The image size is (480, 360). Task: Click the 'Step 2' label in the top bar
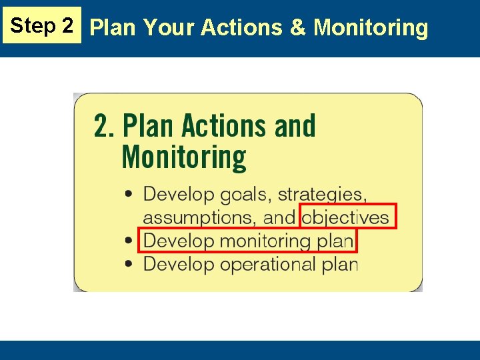[x=42, y=26]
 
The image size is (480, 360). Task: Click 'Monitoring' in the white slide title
[x=371, y=27]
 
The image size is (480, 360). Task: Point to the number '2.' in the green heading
[x=105, y=126]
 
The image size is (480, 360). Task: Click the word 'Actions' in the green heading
[x=219, y=126]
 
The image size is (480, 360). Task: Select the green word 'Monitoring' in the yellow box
[x=184, y=157]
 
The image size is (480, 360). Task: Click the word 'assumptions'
[x=199, y=217]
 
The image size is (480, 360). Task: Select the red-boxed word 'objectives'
[x=345, y=217]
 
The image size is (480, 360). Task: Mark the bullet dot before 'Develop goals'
[x=129, y=195]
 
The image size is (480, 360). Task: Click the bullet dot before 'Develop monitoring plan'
[x=129, y=240]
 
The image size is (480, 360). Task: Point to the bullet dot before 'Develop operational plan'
[x=129, y=263]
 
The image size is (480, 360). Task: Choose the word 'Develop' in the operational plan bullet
[x=179, y=263]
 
